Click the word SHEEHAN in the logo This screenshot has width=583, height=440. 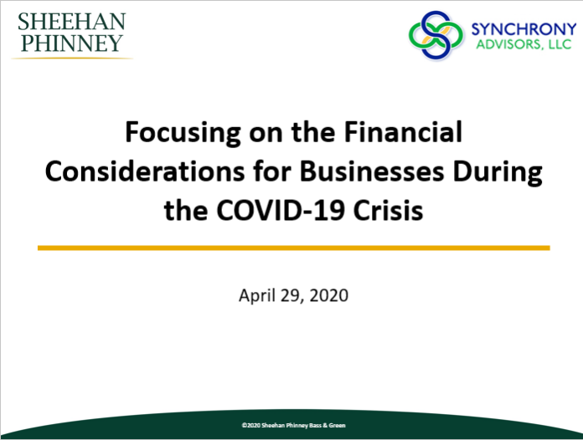coord(72,22)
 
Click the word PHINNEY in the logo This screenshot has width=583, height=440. coord(72,43)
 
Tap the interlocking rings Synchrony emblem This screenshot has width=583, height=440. coord(436,35)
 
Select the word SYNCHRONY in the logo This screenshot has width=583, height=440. coord(524,29)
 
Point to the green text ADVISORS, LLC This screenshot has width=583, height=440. coord(524,44)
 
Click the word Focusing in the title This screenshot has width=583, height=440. coord(183,133)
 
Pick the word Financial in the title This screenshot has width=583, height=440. coord(403,131)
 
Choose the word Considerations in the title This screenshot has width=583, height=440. coord(145,171)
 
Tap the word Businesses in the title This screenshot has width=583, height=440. coord(372,171)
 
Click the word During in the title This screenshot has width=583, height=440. coord(498,173)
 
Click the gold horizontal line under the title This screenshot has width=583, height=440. coord(294,248)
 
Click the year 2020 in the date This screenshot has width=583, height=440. coord(329,295)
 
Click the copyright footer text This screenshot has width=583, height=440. coord(294,425)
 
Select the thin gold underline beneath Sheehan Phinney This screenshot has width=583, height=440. coord(72,59)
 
